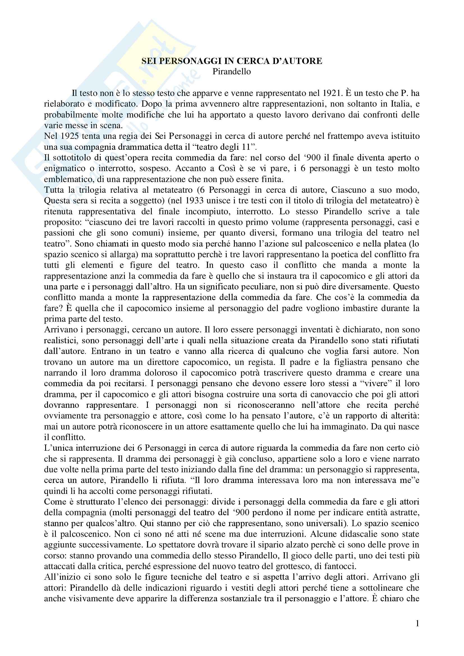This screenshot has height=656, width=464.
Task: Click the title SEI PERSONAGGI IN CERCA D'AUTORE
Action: (x=232, y=61)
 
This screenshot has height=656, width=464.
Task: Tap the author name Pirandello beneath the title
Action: (x=232, y=72)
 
